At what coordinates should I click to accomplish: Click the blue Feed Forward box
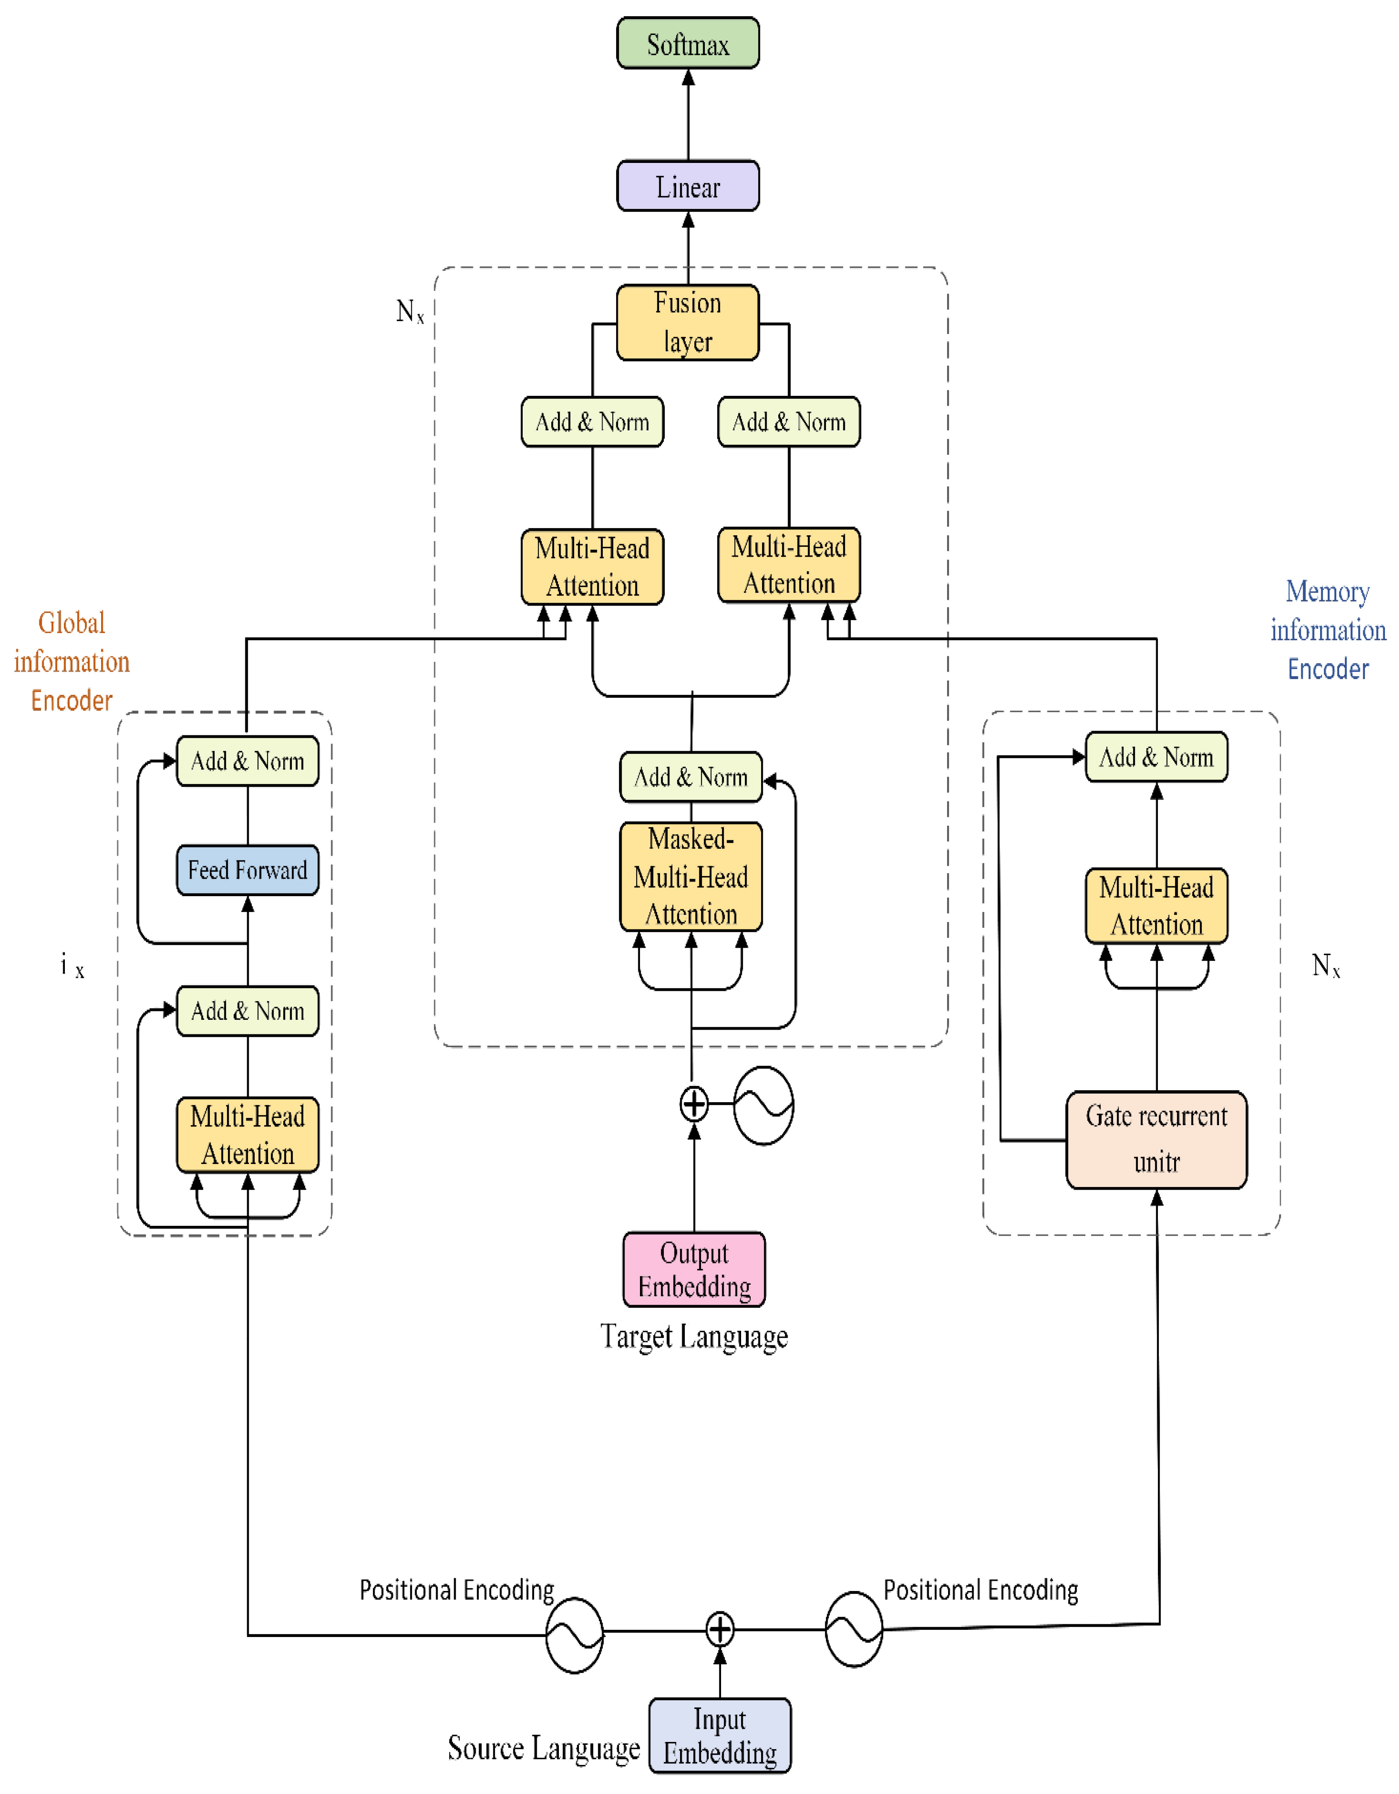pyautogui.click(x=247, y=870)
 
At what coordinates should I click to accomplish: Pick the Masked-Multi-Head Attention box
pyautogui.click(x=691, y=877)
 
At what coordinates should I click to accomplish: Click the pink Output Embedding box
pyautogui.click(x=694, y=1269)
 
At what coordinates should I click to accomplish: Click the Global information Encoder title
pyautogui.click(x=72, y=661)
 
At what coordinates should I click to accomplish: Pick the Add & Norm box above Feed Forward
pyautogui.click(x=247, y=761)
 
